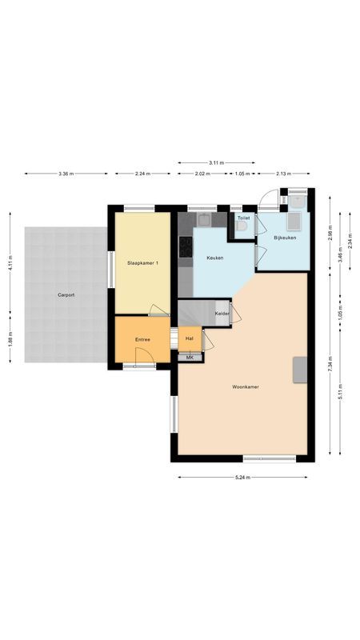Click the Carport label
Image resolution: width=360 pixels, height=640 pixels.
point(66,295)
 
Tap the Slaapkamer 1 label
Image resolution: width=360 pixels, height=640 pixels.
point(142,263)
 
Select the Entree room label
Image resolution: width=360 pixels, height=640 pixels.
point(142,339)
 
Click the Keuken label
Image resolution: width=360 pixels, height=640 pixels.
point(214,258)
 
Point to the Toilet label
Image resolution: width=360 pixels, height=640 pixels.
point(243,218)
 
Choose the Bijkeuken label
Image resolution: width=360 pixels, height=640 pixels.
point(286,238)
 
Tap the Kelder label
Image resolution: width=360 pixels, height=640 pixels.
point(222,314)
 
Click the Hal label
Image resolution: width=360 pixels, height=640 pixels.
point(190,338)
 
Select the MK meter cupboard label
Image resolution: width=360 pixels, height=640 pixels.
point(190,357)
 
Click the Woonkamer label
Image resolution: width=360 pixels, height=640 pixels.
point(245,386)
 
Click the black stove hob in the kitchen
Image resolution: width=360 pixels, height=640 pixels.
point(186,247)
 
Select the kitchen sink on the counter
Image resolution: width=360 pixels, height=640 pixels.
point(205,218)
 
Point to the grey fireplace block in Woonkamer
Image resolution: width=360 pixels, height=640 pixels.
point(301,369)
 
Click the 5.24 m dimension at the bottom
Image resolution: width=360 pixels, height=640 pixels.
point(243,478)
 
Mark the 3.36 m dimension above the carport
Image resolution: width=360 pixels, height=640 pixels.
point(67,174)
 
